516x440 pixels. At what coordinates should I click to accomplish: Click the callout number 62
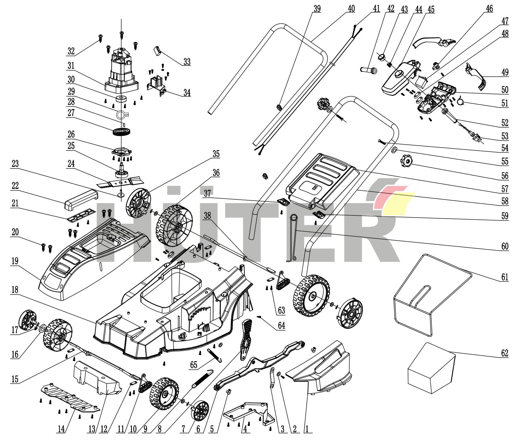point(505,353)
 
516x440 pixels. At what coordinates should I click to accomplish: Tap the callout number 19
point(15,261)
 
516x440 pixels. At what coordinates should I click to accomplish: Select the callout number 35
point(216,154)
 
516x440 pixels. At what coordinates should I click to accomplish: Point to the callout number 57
point(505,189)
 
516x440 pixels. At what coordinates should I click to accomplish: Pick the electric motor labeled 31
point(121,70)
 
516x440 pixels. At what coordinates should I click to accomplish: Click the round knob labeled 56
point(406,161)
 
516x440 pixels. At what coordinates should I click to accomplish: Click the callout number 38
point(207,217)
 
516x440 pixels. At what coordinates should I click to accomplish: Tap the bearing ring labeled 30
point(121,98)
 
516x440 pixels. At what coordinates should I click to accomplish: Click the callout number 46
point(489,9)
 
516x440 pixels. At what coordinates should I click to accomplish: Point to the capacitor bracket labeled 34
point(157,84)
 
